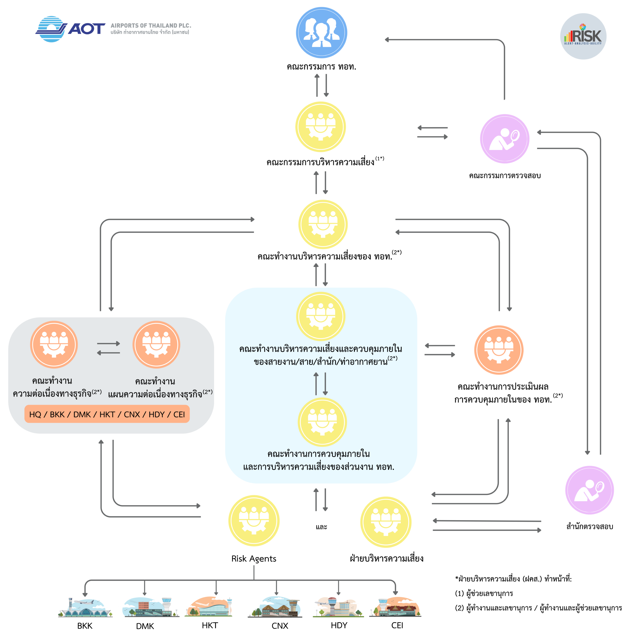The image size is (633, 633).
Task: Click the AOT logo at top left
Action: pos(70,29)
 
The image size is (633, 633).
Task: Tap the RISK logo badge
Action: pos(583,36)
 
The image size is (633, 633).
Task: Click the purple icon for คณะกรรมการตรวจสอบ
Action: pos(505,138)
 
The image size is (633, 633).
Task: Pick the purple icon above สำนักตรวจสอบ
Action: pos(589,490)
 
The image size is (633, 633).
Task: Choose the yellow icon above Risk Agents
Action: pos(254,521)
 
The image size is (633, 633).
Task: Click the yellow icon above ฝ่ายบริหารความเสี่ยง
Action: pos(386,522)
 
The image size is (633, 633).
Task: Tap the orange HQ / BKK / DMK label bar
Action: pos(107,414)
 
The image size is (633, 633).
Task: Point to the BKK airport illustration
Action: pos(85,608)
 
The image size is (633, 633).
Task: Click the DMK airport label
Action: pos(145,626)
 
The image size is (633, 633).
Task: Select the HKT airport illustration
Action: pos(210,607)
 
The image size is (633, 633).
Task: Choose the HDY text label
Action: pos(339,625)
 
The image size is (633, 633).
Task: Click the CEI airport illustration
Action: pos(395,607)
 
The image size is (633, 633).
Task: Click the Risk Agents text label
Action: pos(254,559)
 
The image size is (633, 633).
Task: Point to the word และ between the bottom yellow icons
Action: pos(321,527)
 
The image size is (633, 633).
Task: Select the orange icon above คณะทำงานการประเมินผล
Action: pos(499,350)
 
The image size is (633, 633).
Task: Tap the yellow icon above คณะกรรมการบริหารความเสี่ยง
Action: pos(320,127)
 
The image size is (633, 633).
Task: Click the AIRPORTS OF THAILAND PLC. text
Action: pos(151,25)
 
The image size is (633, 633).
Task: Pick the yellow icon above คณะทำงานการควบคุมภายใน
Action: pos(322,422)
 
